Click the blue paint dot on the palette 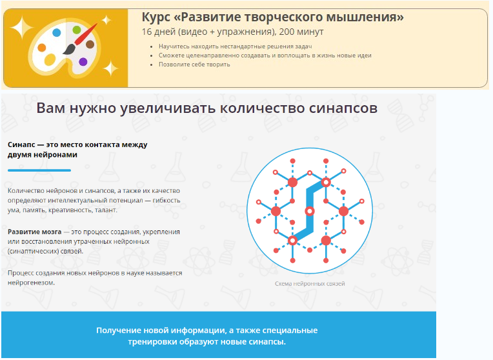coord(57,32)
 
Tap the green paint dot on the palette coord(77,30)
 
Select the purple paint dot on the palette coord(83,62)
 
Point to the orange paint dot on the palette coord(42,48)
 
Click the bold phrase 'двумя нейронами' coord(43,155)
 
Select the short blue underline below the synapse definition coord(39,170)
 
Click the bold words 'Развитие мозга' coord(34,231)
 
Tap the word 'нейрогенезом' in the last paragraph coord(31,283)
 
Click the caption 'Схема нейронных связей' coord(310,284)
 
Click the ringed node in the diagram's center coord(310,211)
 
